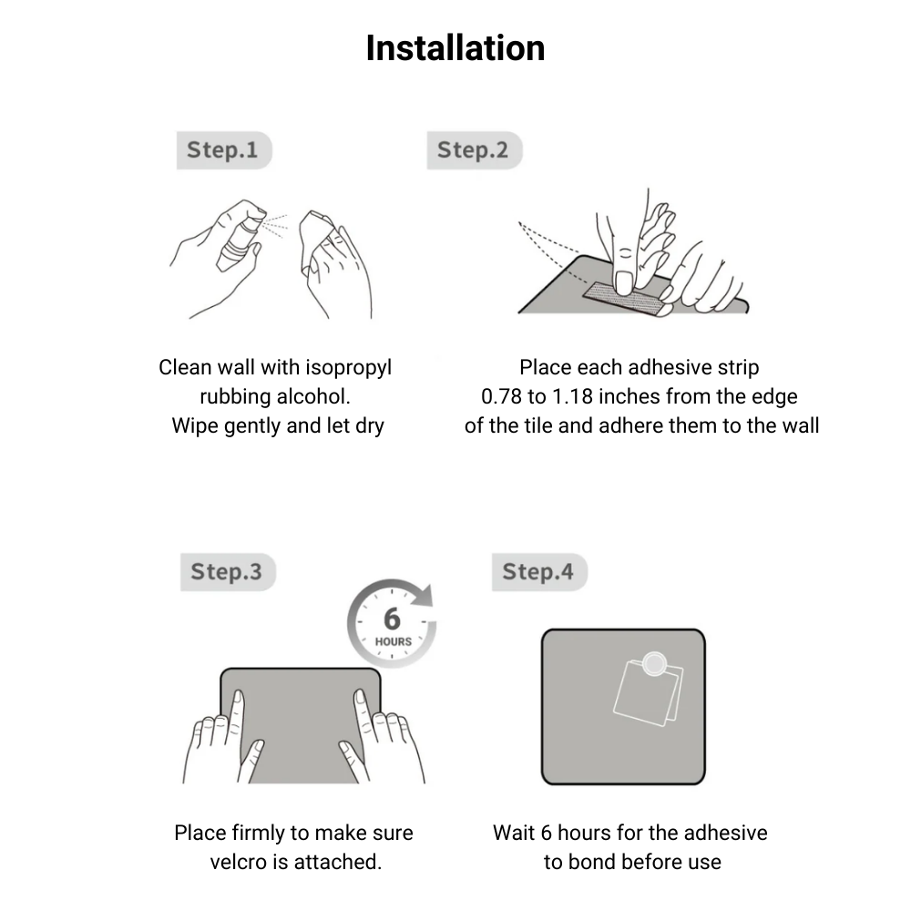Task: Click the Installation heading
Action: [x=455, y=47]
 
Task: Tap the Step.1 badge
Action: [x=224, y=150]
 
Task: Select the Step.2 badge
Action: [x=475, y=150]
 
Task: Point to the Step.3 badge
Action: [x=228, y=572]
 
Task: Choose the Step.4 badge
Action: [x=539, y=572]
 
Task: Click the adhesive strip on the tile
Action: [x=628, y=299]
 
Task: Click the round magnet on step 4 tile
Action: [x=655, y=663]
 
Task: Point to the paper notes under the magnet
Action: [x=649, y=694]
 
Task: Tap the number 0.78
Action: [x=501, y=397]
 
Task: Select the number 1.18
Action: [x=572, y=397]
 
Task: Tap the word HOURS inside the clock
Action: [x=394, y=641]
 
